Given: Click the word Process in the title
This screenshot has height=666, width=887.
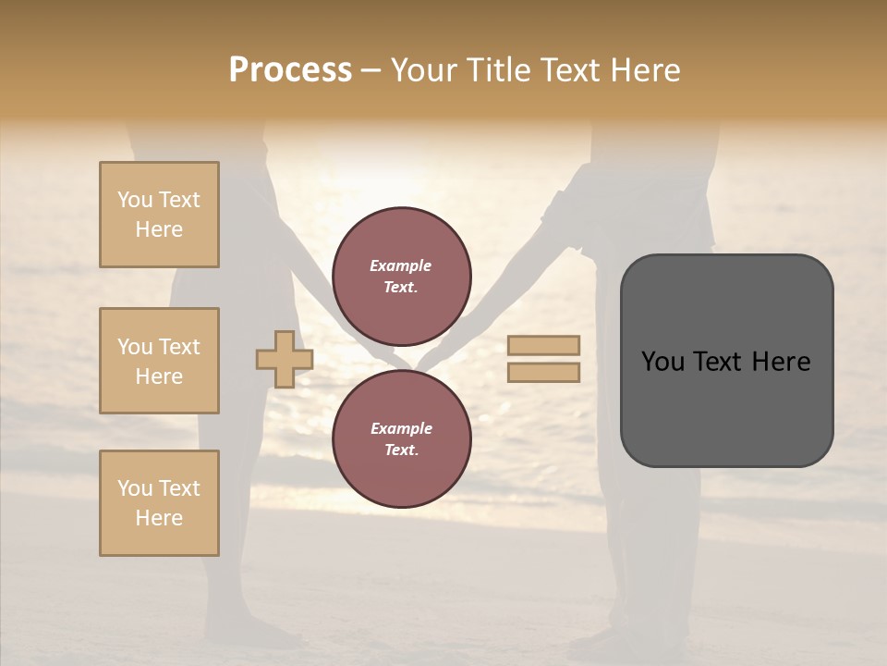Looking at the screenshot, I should (x=290, y=70).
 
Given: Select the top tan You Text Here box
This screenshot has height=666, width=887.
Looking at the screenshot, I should (x=159, y=215).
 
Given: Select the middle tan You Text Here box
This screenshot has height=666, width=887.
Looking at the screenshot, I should (x=159, y=361).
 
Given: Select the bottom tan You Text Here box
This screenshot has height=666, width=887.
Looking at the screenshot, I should (x=159, y=503).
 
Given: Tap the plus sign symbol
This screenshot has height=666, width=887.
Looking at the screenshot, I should (x=285, y=359).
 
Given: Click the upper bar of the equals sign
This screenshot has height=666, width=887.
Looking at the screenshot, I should (x=544, y=345).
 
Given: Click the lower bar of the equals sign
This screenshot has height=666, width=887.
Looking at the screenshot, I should (x=544, y=373).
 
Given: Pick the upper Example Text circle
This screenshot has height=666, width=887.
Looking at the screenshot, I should (x=401, y=277).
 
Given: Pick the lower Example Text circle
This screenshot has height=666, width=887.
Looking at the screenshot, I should (x=401, y=439).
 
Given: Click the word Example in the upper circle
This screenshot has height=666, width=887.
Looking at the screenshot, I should (x=401, y=265).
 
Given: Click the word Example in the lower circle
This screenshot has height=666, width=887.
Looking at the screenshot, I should (x=401, y=428).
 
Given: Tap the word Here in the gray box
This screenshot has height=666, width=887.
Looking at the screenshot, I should (x=781, y=362).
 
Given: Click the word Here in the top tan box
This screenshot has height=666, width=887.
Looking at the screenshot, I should (x=159, y=229).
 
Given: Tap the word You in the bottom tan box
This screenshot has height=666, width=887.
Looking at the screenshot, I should (x=135, y=488).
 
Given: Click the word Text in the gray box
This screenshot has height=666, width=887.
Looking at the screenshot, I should (x=717, y=362).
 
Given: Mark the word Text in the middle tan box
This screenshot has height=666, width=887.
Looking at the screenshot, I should (x=177, y=347).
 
